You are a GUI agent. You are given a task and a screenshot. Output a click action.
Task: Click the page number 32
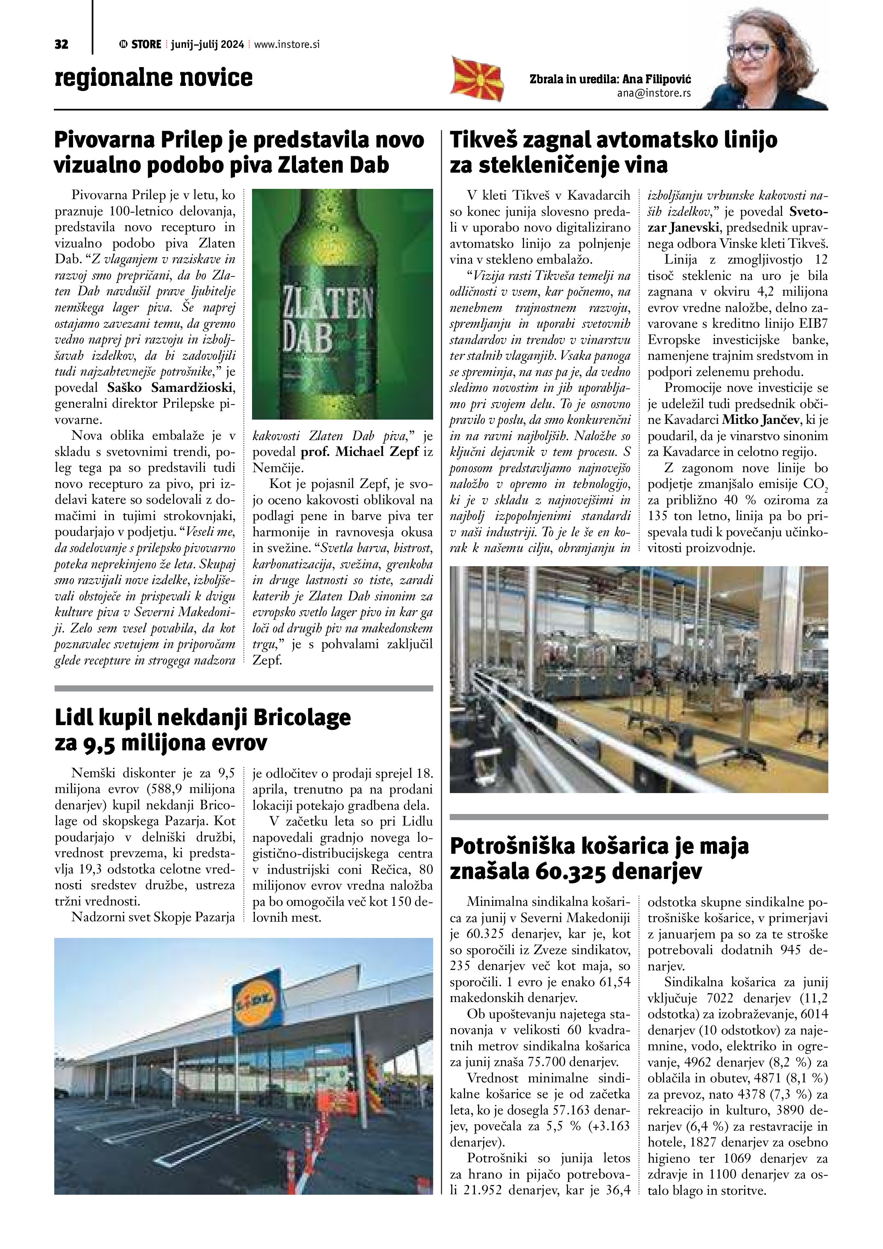[x=62, y=44]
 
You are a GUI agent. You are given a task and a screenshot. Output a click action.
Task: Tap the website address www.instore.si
[x=287, y=44]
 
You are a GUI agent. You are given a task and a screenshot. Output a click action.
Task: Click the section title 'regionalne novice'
[x=154, y=77]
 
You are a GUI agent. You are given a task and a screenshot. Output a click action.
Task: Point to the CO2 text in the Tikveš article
[x=815, y=485]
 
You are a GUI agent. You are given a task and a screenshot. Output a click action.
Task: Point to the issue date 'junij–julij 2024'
[x=207, y=44]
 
